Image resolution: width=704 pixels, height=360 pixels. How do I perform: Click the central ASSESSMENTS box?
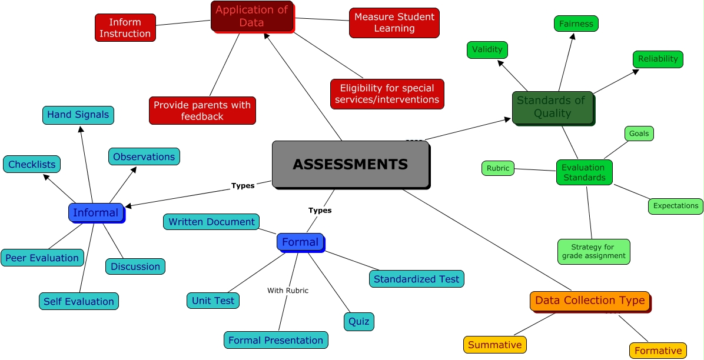351,164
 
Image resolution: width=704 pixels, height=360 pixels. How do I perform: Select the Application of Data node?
252,16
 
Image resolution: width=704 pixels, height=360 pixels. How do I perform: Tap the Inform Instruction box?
125,28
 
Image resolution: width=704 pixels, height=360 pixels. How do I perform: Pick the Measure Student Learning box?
394,22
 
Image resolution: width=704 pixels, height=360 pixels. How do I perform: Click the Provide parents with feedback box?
202,111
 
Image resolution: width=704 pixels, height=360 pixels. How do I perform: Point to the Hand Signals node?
78,115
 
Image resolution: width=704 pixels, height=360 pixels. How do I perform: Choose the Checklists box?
32,164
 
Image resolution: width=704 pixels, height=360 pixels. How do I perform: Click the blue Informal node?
95,212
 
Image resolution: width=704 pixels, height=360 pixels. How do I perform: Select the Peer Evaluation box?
42,258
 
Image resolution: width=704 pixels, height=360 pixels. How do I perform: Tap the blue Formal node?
300,242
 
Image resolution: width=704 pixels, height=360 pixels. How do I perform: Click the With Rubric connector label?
288,291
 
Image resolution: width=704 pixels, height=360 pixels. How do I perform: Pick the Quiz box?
358,321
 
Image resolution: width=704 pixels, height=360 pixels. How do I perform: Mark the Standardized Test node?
417,279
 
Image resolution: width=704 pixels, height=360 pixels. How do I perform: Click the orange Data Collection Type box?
590,301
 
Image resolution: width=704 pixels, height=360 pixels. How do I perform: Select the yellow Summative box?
494,344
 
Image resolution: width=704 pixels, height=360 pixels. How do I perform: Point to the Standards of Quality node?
552,107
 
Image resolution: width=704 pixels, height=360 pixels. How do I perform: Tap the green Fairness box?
576,24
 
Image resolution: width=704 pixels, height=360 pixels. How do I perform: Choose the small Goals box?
639,134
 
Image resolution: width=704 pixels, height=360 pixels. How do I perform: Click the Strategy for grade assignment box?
593,251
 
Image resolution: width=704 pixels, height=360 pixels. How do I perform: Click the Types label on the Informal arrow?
243,186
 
